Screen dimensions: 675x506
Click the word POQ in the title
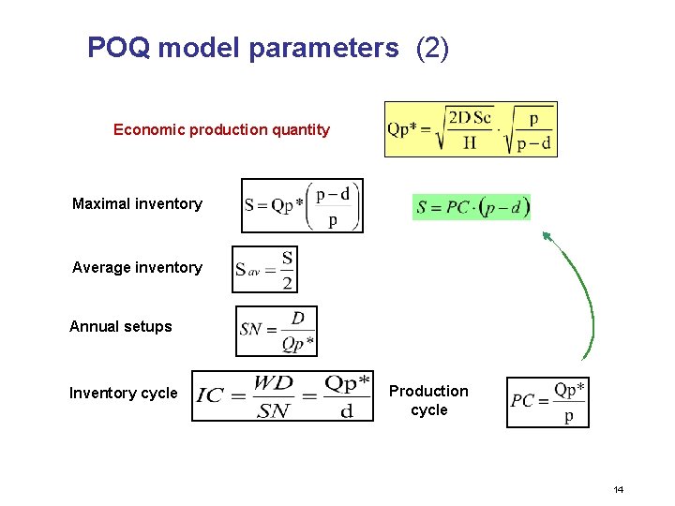(x=118, y=48)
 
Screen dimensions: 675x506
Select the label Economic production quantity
(x=221, y=129)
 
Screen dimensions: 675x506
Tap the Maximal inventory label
(x=137, y=203)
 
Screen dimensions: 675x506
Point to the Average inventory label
(x=137, y=267)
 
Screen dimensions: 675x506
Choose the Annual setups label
(x=121, y=326)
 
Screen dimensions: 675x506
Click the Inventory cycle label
(x=123, y=393)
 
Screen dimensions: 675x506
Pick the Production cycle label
(x=428, y=400)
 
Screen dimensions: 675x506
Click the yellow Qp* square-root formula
(x=471, y=129)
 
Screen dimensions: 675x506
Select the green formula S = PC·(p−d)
(x=472, y=207)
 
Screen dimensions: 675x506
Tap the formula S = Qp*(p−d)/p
(x=301, y=205)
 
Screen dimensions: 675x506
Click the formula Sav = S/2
(x=264, y=270)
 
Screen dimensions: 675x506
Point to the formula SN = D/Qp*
(x=277, y=331)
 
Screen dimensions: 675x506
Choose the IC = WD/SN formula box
(x=282, y=396)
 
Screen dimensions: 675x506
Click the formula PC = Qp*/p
(x=547, y=402)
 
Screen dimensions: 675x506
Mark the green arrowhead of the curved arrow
(x=547, y=237)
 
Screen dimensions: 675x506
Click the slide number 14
(x=618, y=490)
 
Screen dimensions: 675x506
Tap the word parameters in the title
(x=323, y=48)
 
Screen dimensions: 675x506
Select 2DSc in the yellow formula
(x=471, y=118)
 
